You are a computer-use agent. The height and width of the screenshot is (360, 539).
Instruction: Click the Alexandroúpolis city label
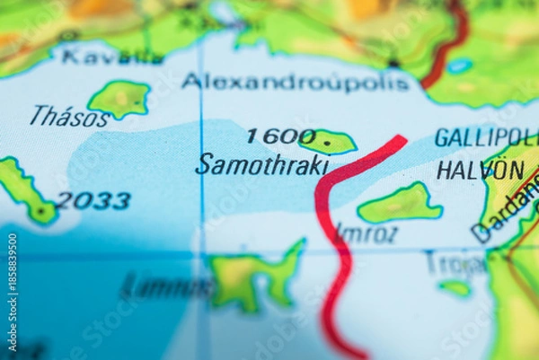coord(296,82)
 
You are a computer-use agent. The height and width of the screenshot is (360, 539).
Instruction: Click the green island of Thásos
coord(119,98)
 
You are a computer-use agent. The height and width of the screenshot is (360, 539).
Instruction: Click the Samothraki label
coord(262,164)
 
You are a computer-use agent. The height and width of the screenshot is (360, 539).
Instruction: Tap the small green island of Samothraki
coord(329,141)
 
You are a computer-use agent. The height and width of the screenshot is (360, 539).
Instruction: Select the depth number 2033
coord(93,200)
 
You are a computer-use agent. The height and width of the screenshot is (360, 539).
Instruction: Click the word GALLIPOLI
coord(486,138)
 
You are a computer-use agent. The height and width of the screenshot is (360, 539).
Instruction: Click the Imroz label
coord(367,233)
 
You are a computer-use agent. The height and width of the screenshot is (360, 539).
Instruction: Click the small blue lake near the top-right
coord(460,66)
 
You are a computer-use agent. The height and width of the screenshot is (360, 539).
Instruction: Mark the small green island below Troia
coord(455,287)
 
